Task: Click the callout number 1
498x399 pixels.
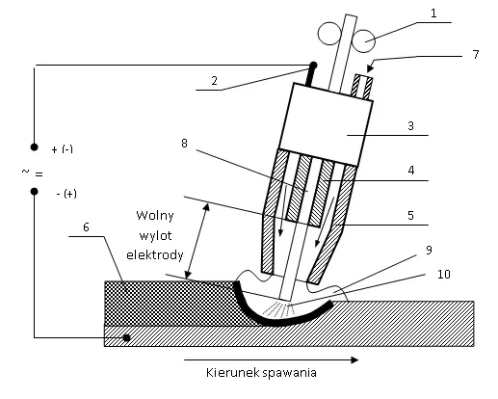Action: pyautogui.click(x=433, y=15)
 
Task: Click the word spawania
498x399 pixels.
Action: pyautogui.click(x=291, y=371)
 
